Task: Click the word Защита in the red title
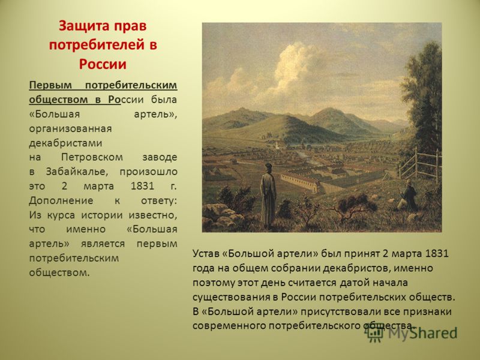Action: tap(81, 26)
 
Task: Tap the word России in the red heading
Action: tap(103, 64)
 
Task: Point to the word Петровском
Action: tap(92, 157)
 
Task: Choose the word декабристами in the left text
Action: tap(65, 143)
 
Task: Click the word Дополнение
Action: tap(61, 201)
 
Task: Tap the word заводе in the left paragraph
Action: tap(160, 157)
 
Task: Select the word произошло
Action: tap(148, 172)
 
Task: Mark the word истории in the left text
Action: tap(103, 215)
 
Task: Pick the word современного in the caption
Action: tap(229, 326)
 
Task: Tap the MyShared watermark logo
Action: tap(412, 333)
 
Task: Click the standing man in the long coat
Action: tap(268, 196)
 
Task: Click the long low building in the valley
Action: tap(300, 183)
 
